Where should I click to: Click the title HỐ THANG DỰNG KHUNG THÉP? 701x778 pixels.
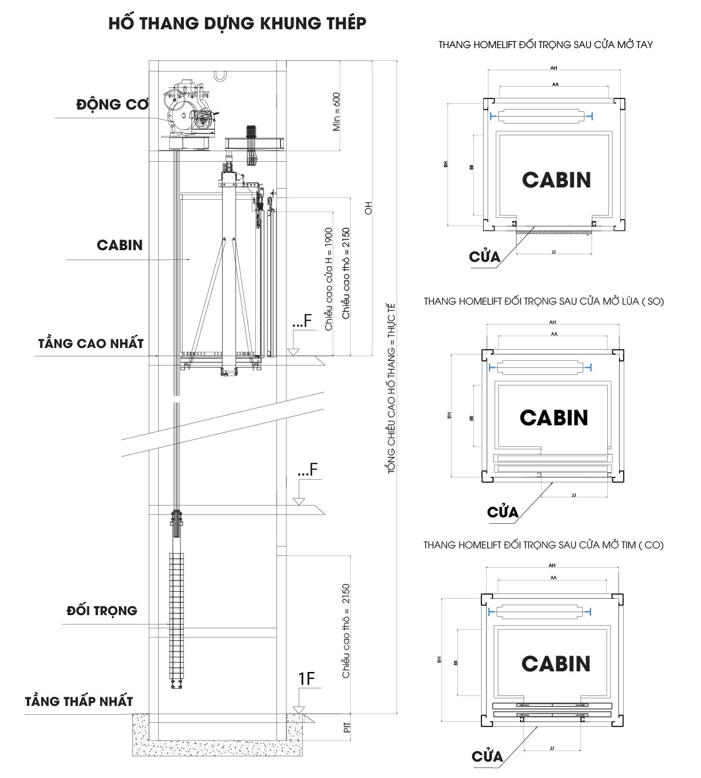pyautogui.click(x=237, y=23)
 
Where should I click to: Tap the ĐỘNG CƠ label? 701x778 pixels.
pyautogui.click(x=112, y=105)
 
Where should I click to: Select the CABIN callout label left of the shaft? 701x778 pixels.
pyautogui.click(x=119, y=245)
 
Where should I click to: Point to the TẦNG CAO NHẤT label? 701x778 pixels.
pyautogui.click(x=91, y=344)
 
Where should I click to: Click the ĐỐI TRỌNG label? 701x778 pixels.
pyautogui.click(x=102, y=611)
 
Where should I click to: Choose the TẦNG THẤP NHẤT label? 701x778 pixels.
pyautogui.click(x=79, y=701)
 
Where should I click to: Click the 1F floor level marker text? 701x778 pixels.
pyautogui.click(x=306, y=678)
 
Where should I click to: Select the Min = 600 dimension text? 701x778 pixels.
pyautogui.click(x=336, y=111)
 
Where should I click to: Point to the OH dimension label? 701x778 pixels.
pyautogui.click(x=368, y=208)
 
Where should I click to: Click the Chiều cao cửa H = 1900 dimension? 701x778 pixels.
pyautogui.click(x=329, y=279)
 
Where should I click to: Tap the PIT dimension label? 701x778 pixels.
pyautogui.click(x=347, y=727)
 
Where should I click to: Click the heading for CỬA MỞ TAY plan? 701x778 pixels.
pyautogui.click(x=545, y=45)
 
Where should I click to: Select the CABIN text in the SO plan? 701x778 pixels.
pyautogui.click(x=553, y=418)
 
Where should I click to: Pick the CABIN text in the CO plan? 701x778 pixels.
pyautogui.click(x=556, y=664)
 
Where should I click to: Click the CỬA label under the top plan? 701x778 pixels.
pyautogui.click(x=484, y=257)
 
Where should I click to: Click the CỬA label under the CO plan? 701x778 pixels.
pyautogui.click(x=487, y=756)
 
